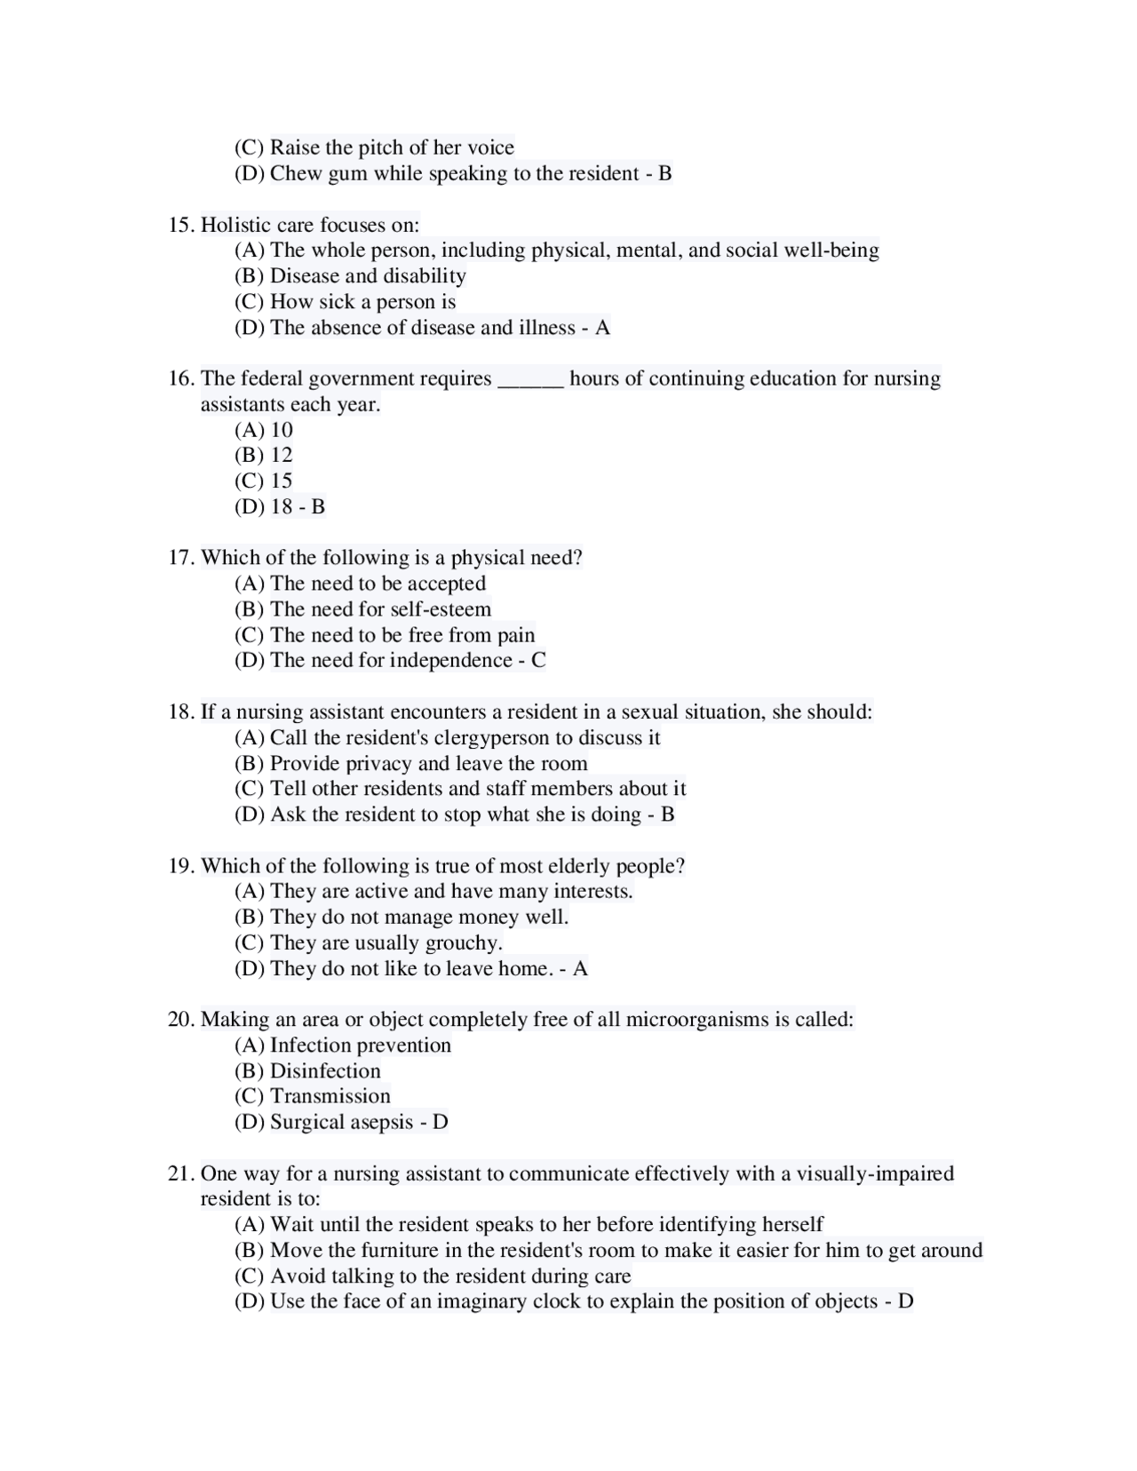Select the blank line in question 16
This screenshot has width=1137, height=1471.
530,380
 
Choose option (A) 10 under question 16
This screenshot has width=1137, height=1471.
264,430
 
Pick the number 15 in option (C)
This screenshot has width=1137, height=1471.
282,481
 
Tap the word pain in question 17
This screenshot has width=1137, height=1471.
515,635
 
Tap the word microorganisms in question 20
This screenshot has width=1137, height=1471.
697,1019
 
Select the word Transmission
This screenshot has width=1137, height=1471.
330,1096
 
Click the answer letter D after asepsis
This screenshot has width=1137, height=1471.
440,1122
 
